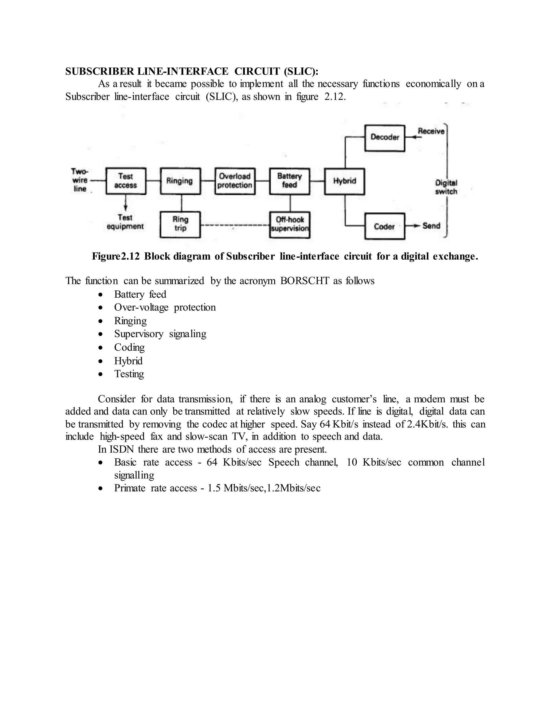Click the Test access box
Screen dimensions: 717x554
126,181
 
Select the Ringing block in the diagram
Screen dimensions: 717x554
180,181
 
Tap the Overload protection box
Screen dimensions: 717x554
235,181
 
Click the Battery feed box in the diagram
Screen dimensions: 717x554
289,181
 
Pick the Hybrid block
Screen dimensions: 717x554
344,181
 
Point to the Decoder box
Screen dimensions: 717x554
385,137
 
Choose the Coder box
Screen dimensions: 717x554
385,226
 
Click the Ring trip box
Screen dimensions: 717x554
180,224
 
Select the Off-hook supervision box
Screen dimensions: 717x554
290,225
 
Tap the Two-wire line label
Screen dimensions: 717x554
80,180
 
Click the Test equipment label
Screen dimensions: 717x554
125,222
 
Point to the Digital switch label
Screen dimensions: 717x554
446,187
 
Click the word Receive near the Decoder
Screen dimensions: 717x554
431,131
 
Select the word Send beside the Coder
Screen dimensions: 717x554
431,226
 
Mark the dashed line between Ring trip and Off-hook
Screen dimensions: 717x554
235,225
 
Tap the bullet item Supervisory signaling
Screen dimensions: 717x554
160,334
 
